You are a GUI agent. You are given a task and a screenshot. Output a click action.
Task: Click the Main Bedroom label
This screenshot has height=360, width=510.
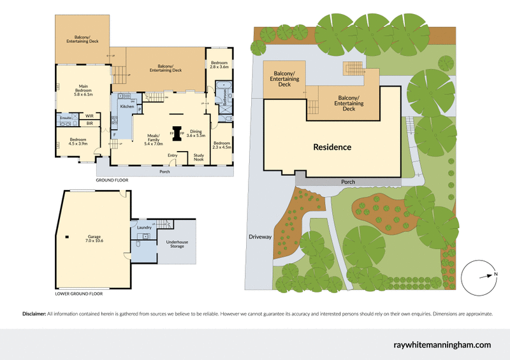83,90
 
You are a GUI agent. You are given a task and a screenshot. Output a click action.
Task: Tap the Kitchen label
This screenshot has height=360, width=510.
127,106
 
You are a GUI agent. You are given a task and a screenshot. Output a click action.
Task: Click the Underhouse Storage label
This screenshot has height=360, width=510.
177,243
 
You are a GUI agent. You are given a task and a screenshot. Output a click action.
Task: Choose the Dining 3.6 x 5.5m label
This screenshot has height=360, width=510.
196,133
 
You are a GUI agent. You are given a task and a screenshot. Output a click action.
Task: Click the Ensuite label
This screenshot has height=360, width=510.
65,119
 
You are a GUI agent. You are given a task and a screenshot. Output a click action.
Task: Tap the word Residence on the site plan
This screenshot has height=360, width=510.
332,147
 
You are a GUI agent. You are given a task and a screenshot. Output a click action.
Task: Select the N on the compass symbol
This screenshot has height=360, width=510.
495,275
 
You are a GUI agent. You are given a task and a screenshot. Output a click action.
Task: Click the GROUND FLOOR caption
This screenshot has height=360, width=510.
112,180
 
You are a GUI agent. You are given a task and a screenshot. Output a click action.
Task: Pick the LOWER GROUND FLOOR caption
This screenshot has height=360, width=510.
78,294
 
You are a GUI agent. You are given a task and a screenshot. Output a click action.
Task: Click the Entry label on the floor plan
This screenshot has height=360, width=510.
172,155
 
